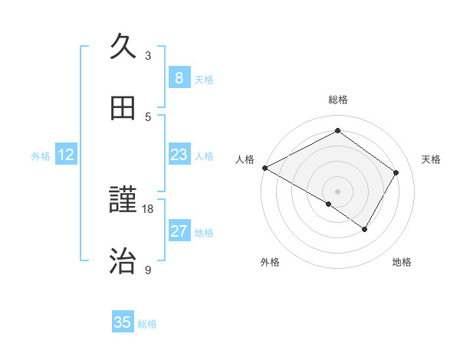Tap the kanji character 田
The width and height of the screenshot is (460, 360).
[x=124, y=108]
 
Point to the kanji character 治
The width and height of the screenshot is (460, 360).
[x=124, y=261]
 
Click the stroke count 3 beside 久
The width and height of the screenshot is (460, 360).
[x=148, y=56]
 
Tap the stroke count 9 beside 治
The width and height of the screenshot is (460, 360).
[x=148, y=270]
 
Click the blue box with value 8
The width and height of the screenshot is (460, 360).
[x=179, y=78]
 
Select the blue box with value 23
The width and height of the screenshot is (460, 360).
[x=179, y=155]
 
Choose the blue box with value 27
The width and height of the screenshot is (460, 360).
[x=179, y=231]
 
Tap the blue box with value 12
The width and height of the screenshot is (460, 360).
[x=66, y=155]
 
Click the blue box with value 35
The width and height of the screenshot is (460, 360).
[x=123, y=322]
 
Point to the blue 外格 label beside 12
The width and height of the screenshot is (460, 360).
[x=41, y=156]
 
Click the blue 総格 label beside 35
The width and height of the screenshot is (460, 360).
[x=147, y=324]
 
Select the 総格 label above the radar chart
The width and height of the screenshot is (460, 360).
[x=337, y=100]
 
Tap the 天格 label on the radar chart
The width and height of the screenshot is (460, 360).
[x=431, y=159]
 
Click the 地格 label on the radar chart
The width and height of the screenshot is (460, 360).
[x=402, y=262]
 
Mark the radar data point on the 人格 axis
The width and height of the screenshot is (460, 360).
[x=264, y=168]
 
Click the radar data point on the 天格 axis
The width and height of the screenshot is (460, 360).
[x=396, y=172]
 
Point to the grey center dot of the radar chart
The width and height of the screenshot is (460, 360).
[x=337, y=191]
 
